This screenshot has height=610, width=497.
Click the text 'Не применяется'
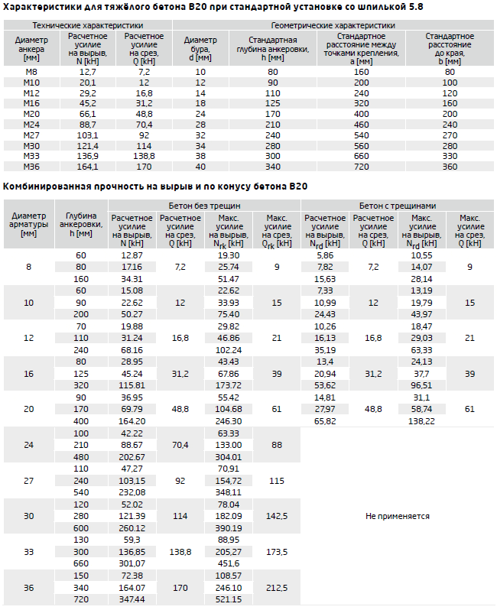[x=398, y=516]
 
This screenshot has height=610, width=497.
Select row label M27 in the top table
[x=31, y=135]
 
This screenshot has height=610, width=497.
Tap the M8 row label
[x=31, y=72]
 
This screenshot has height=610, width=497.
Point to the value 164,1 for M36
[x=88, y=167]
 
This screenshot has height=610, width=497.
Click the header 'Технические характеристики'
[x=88, y=26]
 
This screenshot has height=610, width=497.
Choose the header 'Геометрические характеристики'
[x=333, y=26]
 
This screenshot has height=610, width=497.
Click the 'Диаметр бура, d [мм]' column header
[x=200, y=49]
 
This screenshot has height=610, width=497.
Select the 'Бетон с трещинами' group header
[x=398, y=206]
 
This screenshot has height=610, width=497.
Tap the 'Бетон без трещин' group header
[x=204, y=206]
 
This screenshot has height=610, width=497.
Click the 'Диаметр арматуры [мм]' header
[x=29, y=225]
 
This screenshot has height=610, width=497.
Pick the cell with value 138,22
[x=421, y=421]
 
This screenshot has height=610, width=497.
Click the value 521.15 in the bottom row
[x=229, y=599]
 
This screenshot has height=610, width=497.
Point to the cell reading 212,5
[x=277, y=588]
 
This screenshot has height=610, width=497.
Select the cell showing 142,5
[x=277, y=516]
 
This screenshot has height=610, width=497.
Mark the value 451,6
[x=229, y=563]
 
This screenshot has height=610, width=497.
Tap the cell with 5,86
[x=325, y=255]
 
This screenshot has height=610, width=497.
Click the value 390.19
[x=229, y=528]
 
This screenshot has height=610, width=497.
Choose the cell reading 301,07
[x=132, y=563]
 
